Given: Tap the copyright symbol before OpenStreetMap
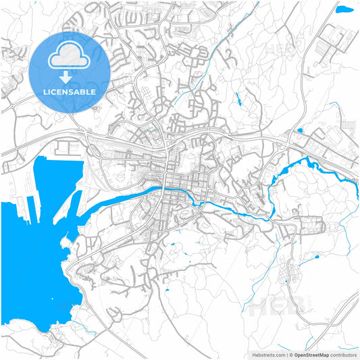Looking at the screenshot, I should click(290, 354).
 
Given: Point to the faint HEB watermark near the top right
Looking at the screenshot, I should click(278, 49).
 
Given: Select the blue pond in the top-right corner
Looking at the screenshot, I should click(344, 9).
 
